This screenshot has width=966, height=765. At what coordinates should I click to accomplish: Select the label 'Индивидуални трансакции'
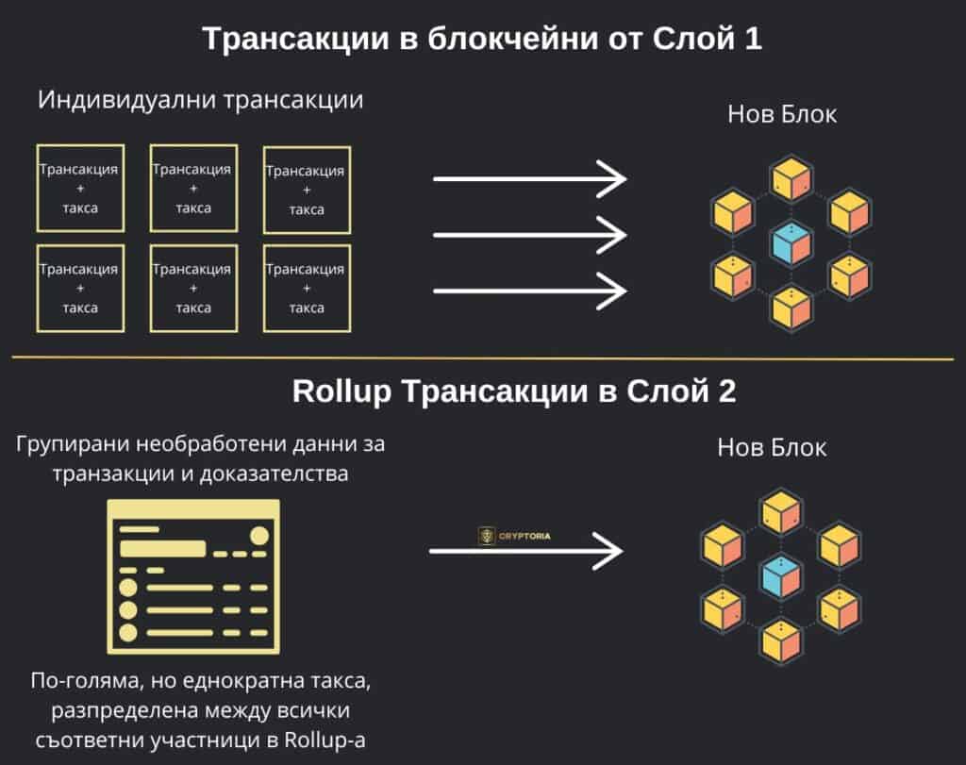(x=201, y=100)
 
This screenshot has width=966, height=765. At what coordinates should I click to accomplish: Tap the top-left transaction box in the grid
(x=79, y=188)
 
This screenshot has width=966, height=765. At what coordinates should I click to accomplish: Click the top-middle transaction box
(x=192, y=188)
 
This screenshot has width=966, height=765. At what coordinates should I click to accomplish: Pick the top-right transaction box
(x=307, y=190)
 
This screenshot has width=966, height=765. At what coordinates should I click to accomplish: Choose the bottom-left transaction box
(x=79, y=288)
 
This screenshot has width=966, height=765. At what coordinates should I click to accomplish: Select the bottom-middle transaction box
(x=192, y=288)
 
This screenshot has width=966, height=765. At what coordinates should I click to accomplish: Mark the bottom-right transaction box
(x=307, y=288)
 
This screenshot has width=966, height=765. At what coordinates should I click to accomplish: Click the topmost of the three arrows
(x=529, y=178)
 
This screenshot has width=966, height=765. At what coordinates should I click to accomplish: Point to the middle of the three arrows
(x=529, y=232)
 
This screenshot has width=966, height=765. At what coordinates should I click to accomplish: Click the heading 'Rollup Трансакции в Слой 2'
(x=514, y=392)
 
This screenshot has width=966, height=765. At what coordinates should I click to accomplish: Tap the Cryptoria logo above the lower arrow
(x=514, y=535)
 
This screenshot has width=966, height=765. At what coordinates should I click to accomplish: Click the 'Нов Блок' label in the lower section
(x=772, y=447)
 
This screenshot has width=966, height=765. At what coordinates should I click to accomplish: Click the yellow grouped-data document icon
(x=194, y=576)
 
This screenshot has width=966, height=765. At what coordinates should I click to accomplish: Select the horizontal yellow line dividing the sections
(x=482, y=358)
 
